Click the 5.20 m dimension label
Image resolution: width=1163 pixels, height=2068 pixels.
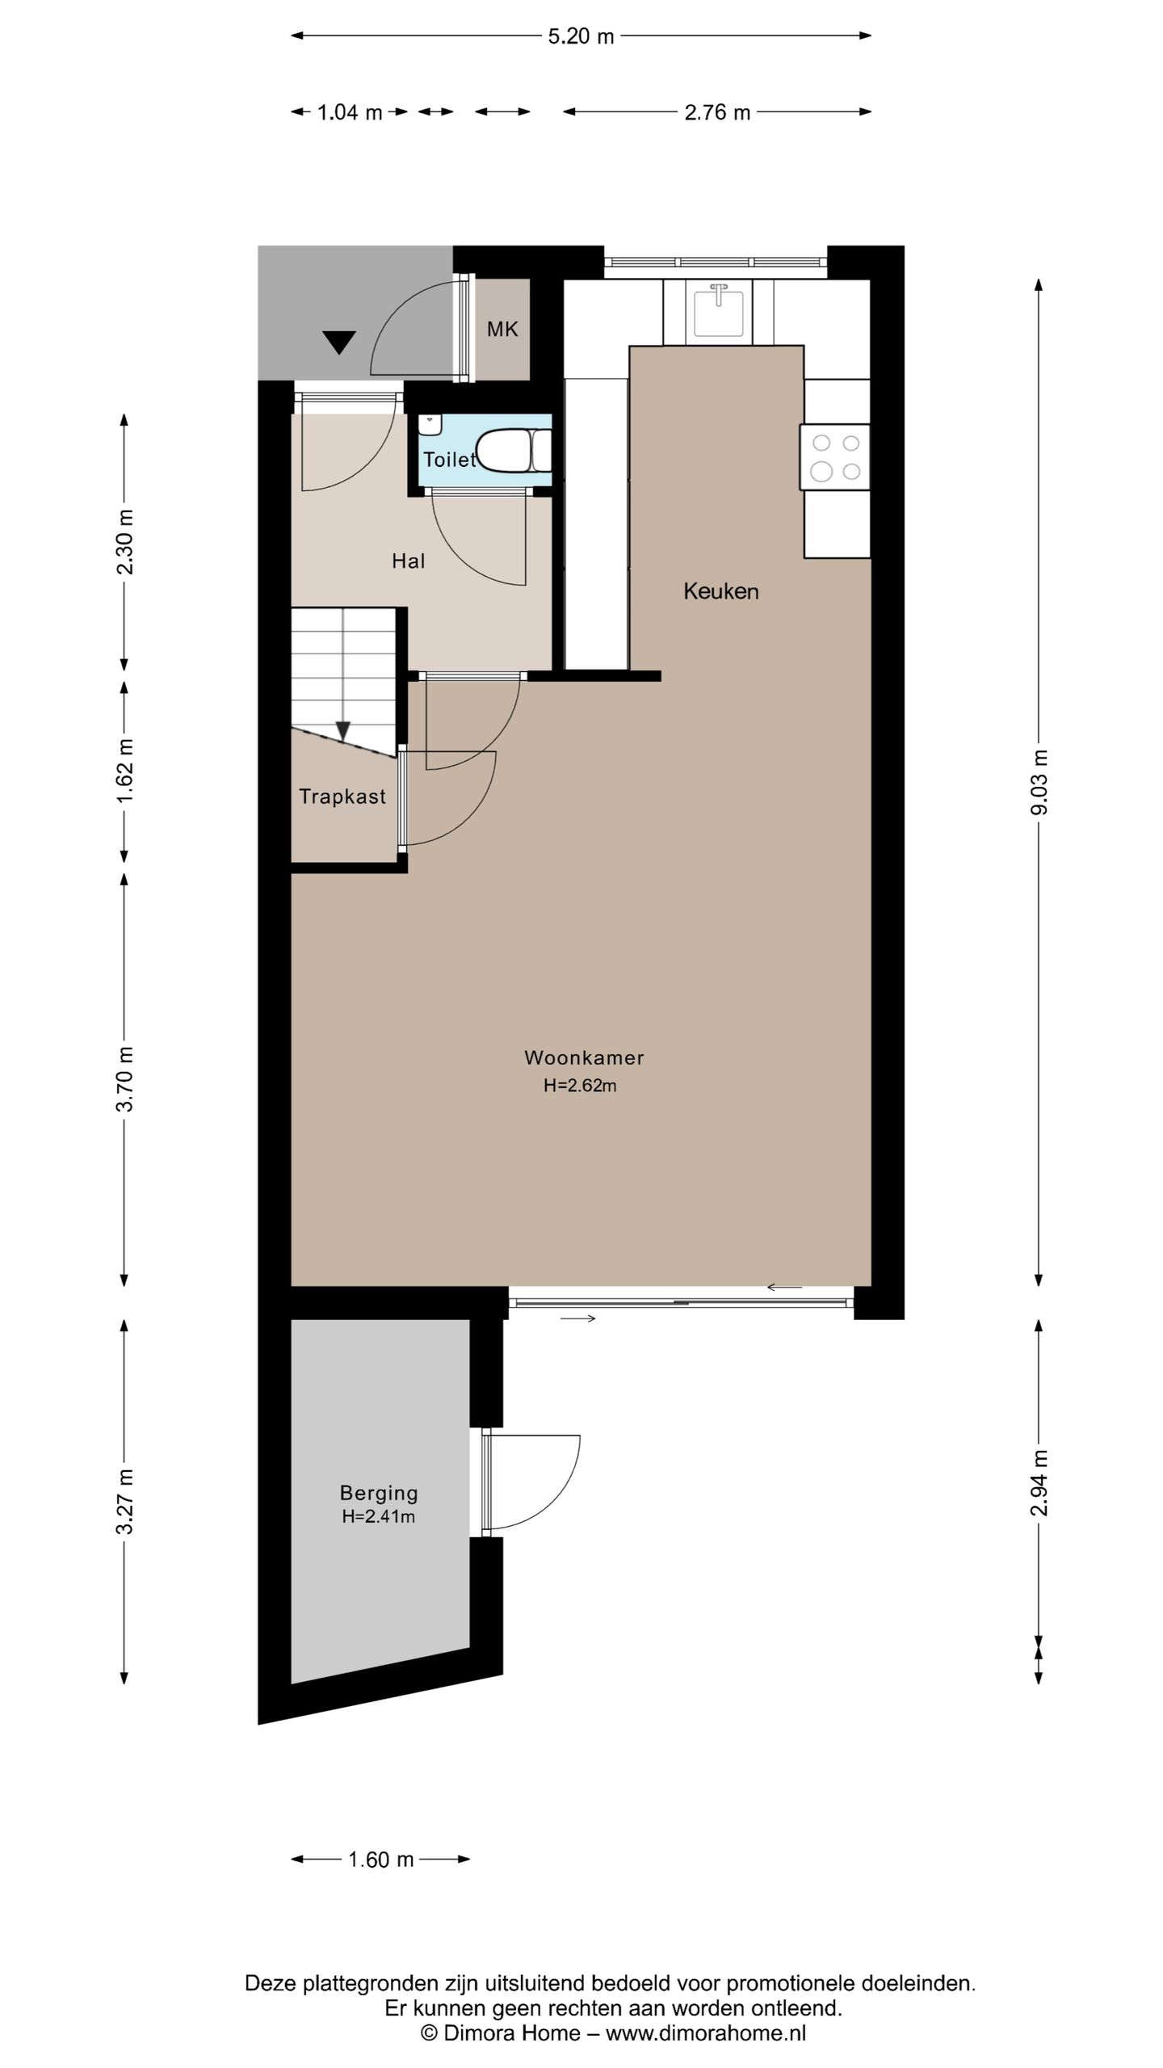[x=581, y=36]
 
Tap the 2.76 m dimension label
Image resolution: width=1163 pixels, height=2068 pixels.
[x=717, y=112]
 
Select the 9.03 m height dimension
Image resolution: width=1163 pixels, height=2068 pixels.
[x=1039, y=781]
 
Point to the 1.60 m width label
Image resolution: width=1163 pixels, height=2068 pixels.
[x=380, y=1859]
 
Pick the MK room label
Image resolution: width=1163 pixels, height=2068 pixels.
[x=502, y=329]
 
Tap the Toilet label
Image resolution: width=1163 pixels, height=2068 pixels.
[x=449, y=460]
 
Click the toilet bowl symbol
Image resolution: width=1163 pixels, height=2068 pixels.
[x=505, y=450]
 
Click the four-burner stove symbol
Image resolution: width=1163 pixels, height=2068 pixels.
[x=835, y=457]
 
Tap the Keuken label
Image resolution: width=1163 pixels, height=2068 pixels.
[x=720, y=591]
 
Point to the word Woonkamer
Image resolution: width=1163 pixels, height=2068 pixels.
[x=584, y=1057]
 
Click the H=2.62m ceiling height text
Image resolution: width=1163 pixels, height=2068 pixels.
[x=580, y=1086]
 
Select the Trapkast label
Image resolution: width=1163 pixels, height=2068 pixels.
[x=342, y=797]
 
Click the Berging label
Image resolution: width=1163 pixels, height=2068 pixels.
[x=379, y=1493]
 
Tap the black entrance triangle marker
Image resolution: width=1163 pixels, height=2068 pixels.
[x=339, y=343]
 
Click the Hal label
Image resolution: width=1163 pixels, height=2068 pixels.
[x=408, y=561]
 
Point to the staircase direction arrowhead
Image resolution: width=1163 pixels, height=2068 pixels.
[x=343, y=731]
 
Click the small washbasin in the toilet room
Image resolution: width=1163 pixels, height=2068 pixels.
[x=430, y=423]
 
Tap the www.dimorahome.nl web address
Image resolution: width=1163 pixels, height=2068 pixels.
[x=706, y=2033]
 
